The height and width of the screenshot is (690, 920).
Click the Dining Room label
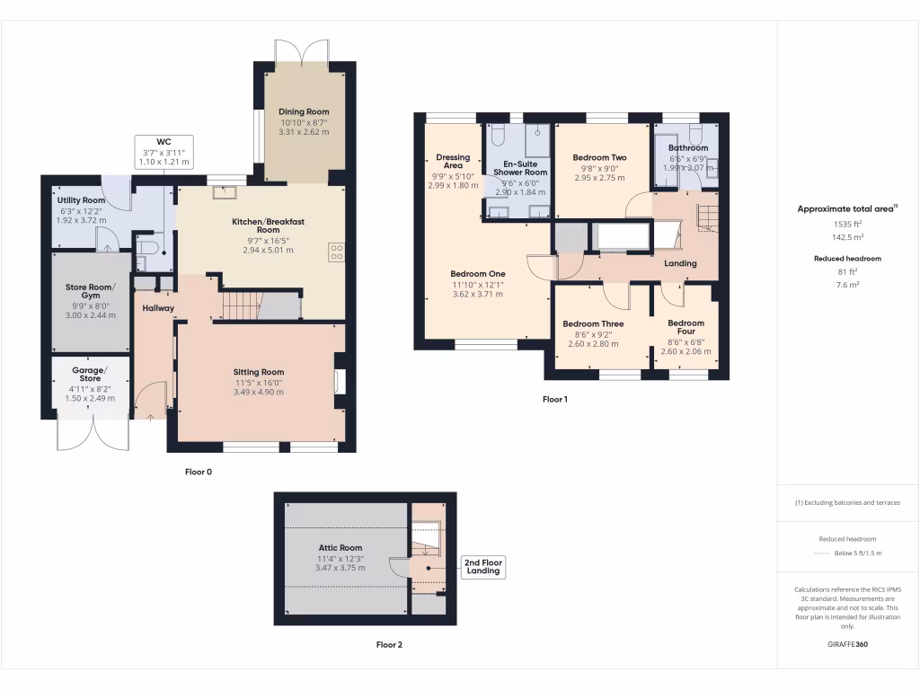305,112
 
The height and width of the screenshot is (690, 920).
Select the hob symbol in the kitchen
338,253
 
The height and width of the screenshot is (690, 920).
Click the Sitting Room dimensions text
259,387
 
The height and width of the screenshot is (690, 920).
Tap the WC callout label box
164,152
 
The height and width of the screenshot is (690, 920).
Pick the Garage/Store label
90,374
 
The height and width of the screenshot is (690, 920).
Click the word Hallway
157,308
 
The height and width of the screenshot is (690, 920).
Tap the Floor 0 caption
198,472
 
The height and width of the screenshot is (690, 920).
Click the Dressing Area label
454,162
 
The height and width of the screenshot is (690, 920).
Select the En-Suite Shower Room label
520,167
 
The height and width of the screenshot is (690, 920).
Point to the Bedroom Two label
599,157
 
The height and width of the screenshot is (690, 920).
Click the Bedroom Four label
686,327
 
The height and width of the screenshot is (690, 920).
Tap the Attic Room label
341,547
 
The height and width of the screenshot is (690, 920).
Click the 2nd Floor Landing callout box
483,567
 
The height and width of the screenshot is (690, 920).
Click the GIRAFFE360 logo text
847,644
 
